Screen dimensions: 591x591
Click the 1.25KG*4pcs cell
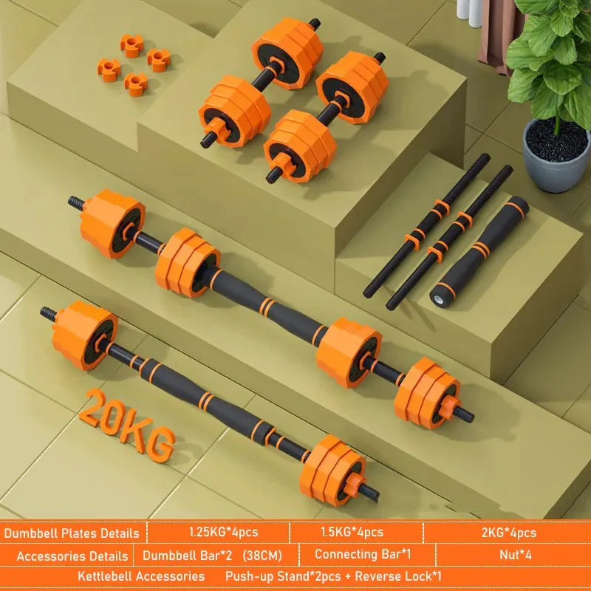click(218, 532)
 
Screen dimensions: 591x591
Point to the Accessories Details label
click(71, 556)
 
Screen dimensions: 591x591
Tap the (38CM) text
click(259, 555)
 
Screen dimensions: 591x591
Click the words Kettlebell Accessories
click(141, 575)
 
